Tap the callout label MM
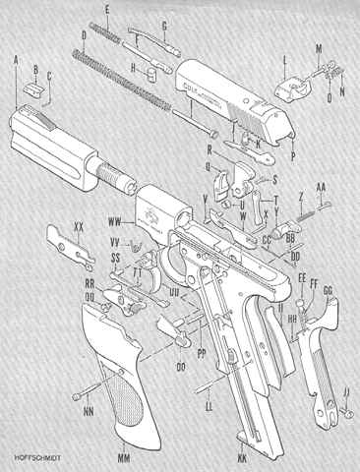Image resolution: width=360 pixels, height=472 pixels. (x=125, y=457)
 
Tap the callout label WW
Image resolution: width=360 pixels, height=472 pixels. (x=115, y=208)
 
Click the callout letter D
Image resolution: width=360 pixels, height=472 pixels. (x=85, y=35)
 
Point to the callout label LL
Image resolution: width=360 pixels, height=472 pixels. (x=209, y=404)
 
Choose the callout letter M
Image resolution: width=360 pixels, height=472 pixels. (x=318, y=47)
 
